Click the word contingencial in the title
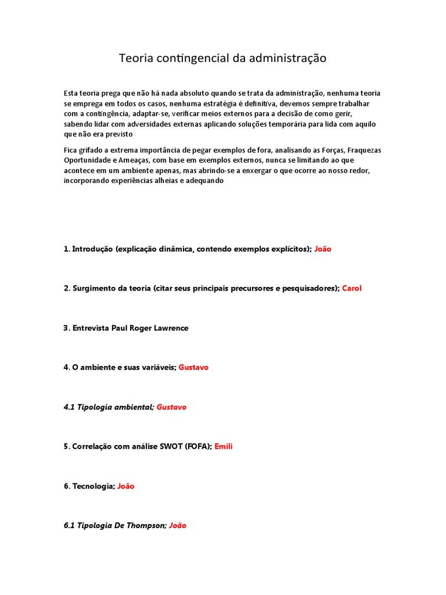[x=189, y=59]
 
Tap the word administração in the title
[x=287, y=59]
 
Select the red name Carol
[x=352, y=288]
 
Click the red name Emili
[x=224, y=446]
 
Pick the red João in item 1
[x=323, y=249]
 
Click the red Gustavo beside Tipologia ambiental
[x=171, y=407]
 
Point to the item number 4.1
[x=69, y=407]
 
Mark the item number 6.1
[x=69, y=525]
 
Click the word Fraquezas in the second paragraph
[x=364, y=150]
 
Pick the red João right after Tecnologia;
[x=126, y=486]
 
